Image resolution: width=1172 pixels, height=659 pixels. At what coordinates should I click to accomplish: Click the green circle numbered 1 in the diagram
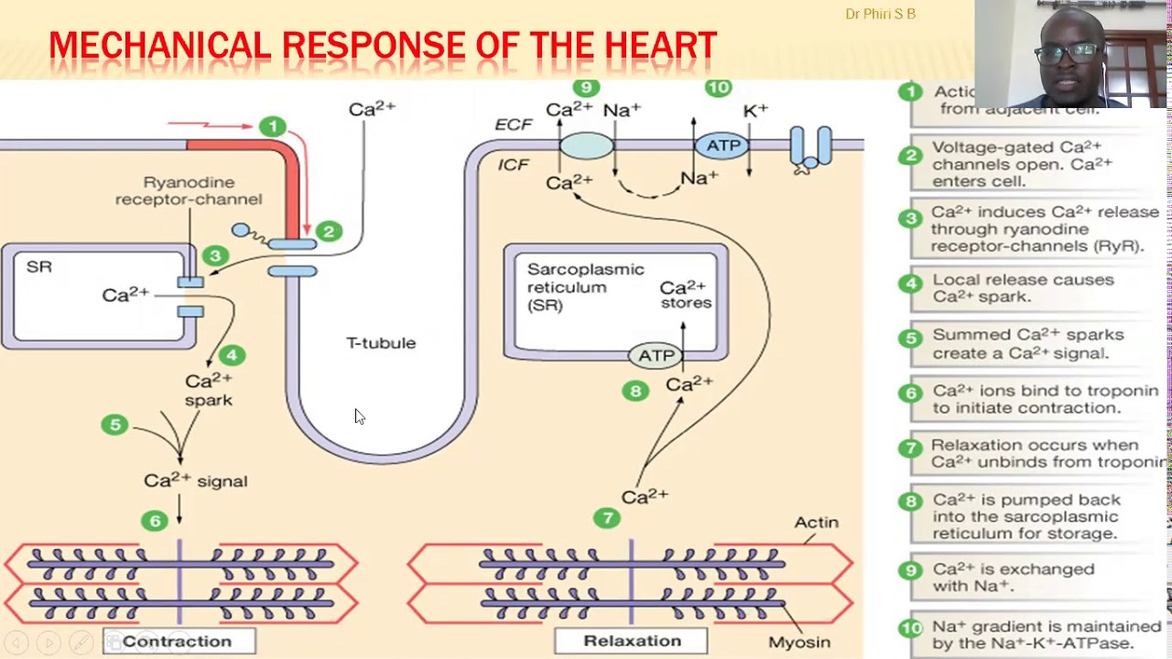[272, 126]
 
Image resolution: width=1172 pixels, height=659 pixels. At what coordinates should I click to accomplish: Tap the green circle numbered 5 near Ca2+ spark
[114, 425]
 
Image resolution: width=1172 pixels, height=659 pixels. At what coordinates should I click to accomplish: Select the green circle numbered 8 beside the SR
[635, 391]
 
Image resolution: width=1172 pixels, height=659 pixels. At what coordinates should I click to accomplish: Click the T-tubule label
[381, 343]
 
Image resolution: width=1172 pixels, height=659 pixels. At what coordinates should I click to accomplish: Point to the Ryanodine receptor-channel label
[189, 191]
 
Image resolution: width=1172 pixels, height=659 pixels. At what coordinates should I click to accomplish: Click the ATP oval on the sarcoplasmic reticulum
[656, 355]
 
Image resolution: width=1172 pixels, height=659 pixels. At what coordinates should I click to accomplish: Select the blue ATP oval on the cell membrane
[722, 146]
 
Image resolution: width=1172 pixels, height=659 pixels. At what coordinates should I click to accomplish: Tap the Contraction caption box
[178, 641]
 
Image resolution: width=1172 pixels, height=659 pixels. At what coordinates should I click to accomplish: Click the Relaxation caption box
[632, 641]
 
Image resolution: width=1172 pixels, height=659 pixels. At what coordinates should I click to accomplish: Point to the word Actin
[816, 523]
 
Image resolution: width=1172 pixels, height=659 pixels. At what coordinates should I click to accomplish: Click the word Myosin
[799, 643]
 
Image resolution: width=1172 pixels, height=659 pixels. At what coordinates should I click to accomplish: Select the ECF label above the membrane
[514, 124]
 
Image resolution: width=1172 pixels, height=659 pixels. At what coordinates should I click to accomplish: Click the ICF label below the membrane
[513, 165]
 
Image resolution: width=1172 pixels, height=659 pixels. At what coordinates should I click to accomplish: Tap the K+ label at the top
[755, 111]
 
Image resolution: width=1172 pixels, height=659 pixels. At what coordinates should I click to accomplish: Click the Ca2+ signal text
[195, 481]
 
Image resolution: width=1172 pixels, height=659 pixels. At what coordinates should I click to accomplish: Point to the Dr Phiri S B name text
[880, 14]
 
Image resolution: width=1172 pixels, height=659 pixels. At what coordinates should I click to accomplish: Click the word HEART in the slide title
[660, 46]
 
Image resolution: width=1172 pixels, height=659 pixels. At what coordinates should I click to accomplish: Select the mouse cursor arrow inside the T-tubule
[359, 416]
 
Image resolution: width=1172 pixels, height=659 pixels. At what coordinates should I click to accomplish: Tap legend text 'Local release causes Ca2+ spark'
[1023, 288]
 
